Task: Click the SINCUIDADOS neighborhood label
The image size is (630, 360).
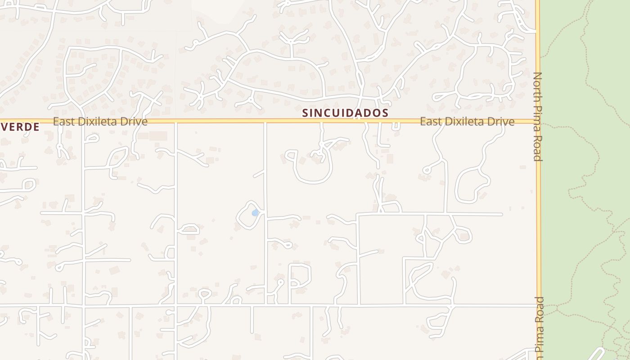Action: pyautogui.click(x=345, y=112)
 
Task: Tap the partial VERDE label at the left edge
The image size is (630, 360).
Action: pyautogui.click(x=20, y=127)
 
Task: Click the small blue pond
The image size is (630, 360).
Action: pyautogui.click(x=255, y=212)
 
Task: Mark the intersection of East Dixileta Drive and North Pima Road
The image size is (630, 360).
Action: pyautogui.click(x=538, y=121)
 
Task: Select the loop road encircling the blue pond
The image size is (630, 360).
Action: pyautogui.click(x=238, y=216)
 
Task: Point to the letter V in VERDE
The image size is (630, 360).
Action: pyautogui.click(x=4, y=127)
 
